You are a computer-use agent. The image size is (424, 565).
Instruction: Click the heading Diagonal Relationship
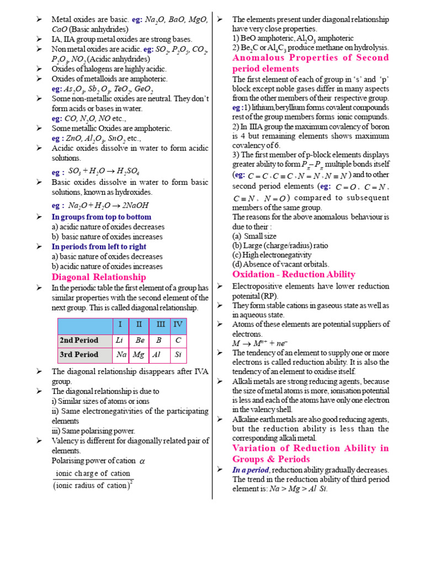pyautogui.click(x=99, y=277)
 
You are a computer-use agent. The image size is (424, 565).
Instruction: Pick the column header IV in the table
pyautogui.click(x=178, y=324)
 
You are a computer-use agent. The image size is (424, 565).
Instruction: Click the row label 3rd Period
pyautogui.click(x=79, y=354)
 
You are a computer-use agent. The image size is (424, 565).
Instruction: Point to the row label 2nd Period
pyautogui.click(x=79, y=340)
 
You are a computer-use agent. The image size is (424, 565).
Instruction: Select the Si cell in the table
pyautogui.click(x=178, y=354)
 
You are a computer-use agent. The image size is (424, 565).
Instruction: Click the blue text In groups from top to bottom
pyautogui.click(x=101, y=217)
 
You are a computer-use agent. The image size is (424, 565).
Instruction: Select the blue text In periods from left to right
pyautogui.click(x=99, y=247)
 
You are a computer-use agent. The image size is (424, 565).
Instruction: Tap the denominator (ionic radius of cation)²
pyautogui.click(x=93, y=486)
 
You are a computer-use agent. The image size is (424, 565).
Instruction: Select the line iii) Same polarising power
pyautogui.click(x=93, y=430)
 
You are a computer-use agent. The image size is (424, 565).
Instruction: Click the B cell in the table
pyautogui.click(x=159, y=340)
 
